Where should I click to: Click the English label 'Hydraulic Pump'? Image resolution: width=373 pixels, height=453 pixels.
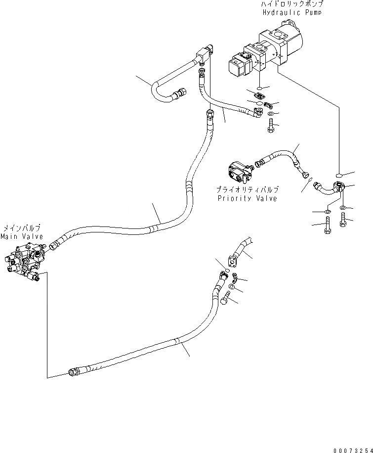(291, 12)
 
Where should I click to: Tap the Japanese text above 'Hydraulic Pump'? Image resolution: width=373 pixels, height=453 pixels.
(291, 4)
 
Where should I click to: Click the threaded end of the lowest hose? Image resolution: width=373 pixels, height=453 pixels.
(74, 371)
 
